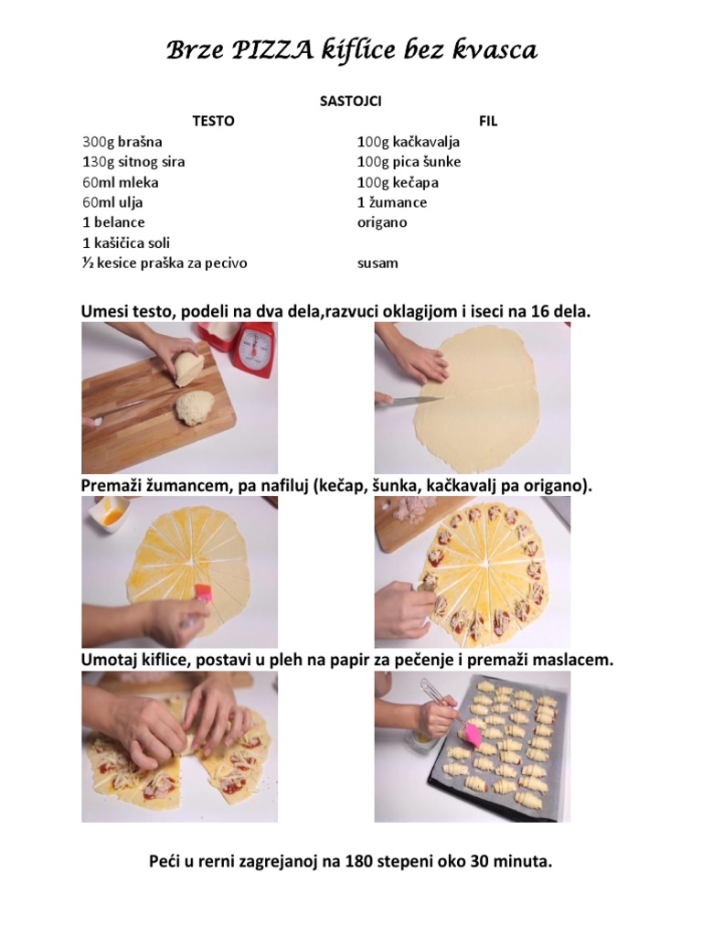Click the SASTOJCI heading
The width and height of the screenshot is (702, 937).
tap(350, 101)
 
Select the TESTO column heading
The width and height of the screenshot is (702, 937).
tap(213, 122)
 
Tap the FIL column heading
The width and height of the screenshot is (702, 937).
tap(488, 122)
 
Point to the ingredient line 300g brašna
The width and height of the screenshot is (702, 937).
tap(122, 142)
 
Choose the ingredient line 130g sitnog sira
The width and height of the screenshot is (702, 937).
tap(133, 162)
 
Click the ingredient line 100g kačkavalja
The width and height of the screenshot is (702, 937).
tap(409, 142)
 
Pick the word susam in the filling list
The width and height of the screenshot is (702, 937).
tap(378, 264)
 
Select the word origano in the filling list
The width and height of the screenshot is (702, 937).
tap(382, 223)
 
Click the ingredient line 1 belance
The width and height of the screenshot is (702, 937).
tap(113, 222)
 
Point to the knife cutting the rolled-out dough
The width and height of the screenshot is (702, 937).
tap(409, 401)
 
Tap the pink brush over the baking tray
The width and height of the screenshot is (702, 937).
tap(471, 735)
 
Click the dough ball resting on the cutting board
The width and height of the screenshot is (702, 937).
tap(195, 407)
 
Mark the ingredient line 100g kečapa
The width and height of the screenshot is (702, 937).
tap(399, 183)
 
